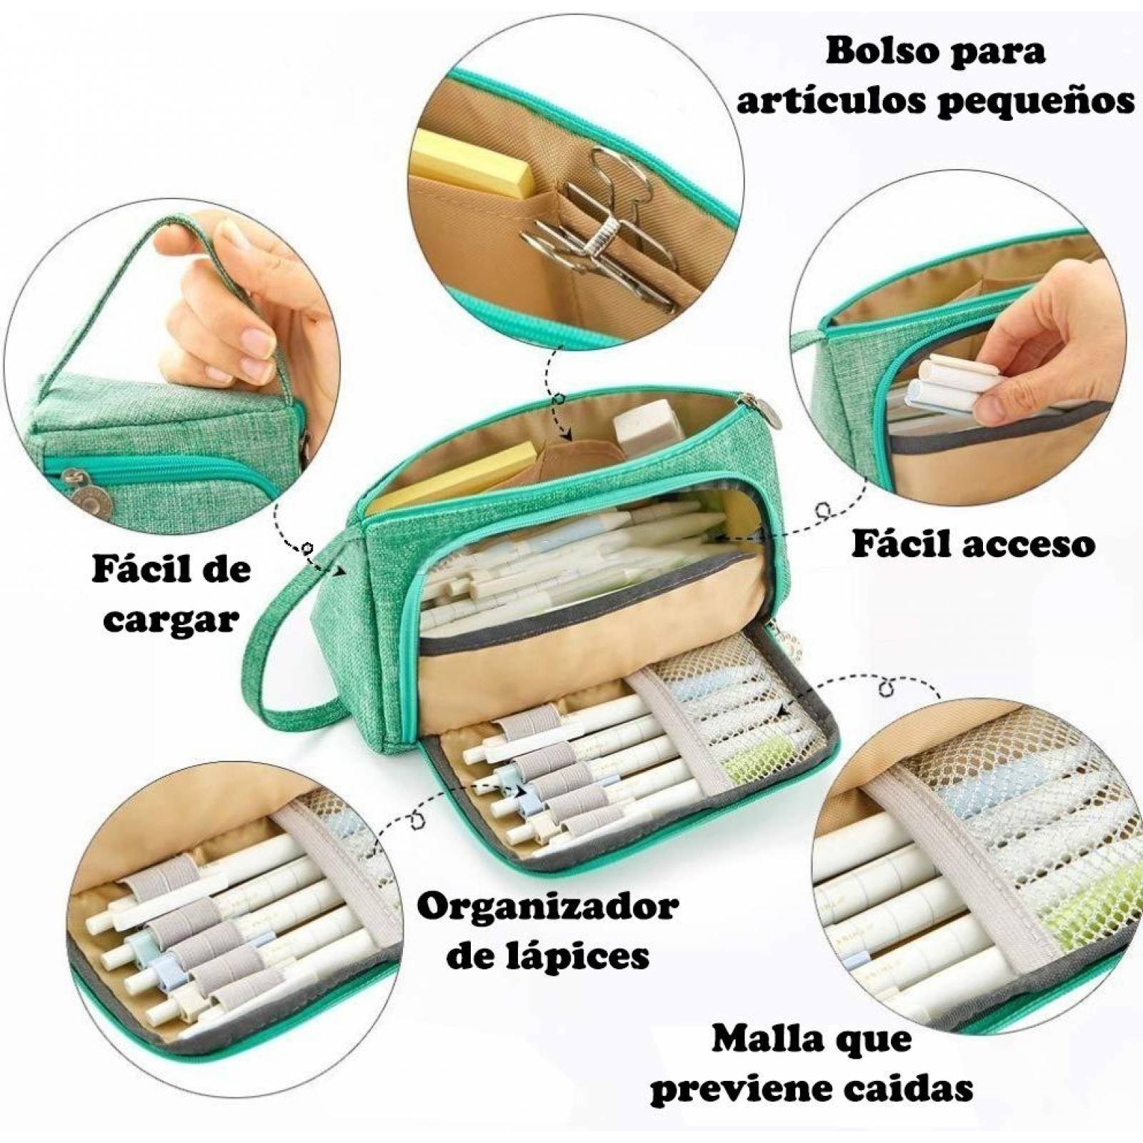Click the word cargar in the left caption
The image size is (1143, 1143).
[171, 619]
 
